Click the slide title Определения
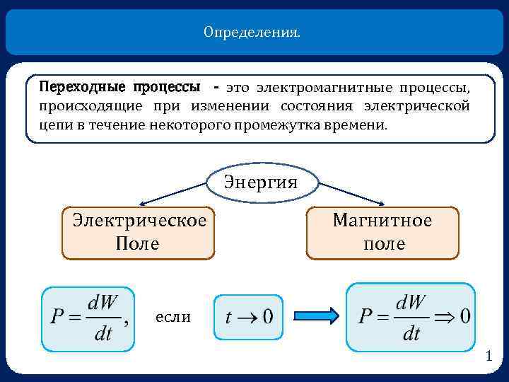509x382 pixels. [x=252, y=33]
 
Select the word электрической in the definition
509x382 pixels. [x=416, y=106]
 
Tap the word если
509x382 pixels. [x=172, y=316]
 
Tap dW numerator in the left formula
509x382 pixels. [x=103, y=301]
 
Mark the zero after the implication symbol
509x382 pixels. [x=464, y=316]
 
